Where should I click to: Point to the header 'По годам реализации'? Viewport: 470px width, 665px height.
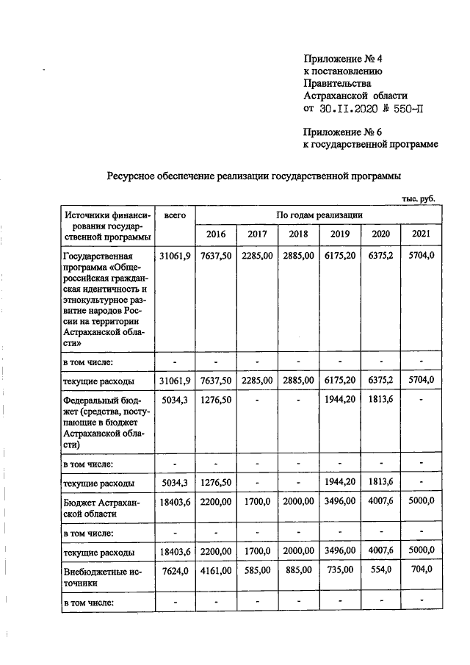tap(319, 215)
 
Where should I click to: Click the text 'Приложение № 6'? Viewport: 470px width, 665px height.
tap(343, 132)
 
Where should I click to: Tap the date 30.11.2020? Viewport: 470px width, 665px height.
tap(350, 109)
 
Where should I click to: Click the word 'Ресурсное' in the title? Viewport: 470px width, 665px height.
tap(133, 176)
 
